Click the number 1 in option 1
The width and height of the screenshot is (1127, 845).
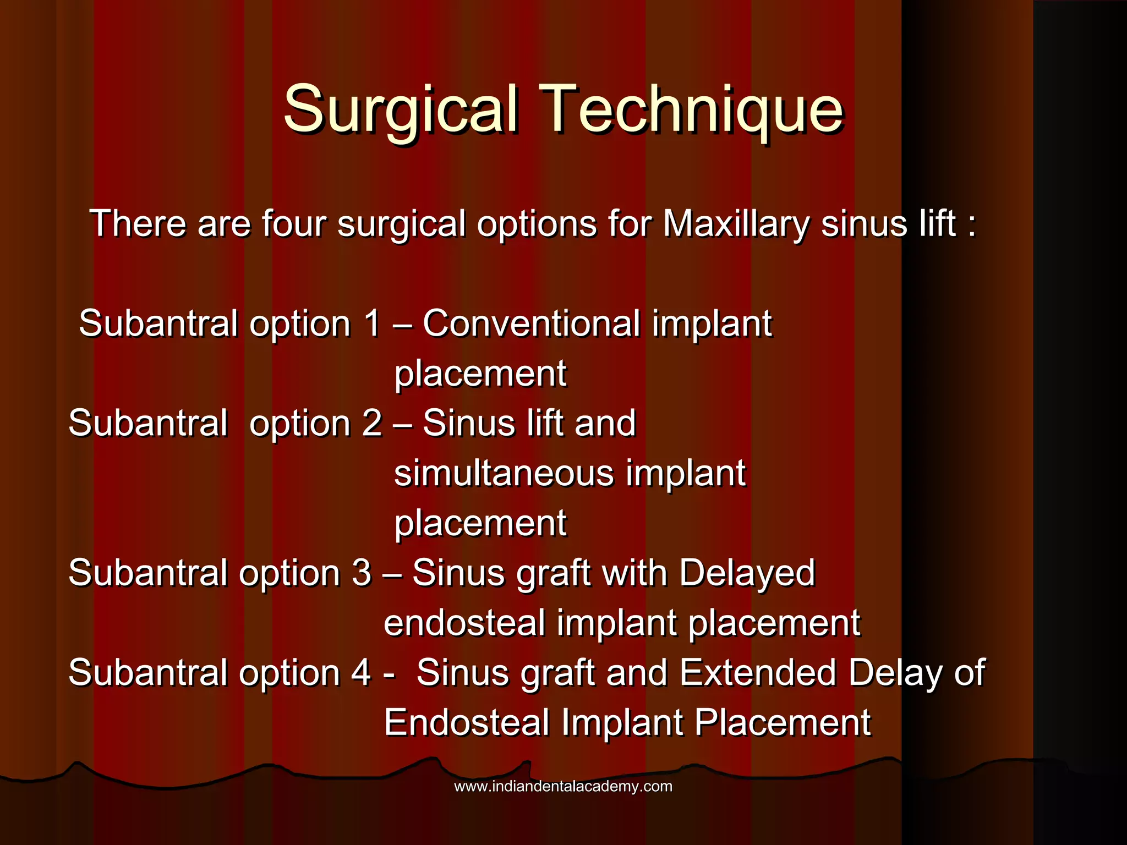click(x=373, y=323)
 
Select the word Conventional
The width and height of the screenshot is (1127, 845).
click(x=531, y=323)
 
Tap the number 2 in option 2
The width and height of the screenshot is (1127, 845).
click(x=372, y=424)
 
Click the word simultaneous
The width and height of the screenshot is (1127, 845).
click(x=504, y=474)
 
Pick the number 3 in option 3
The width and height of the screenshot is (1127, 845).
click(x=362, y=573)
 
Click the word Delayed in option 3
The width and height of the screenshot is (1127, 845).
click(x=746, y=573)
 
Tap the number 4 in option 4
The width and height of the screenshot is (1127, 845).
click(x=361, y=673)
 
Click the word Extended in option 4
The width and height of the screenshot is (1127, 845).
click(x=758, y=673)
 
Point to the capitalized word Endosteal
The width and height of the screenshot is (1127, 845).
click(x=467, y=723)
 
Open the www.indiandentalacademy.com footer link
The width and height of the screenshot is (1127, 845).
click(x=563, y=786)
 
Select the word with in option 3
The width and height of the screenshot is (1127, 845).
click(x=634, y=573)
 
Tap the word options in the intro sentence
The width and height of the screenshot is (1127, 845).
click(x=537, y=224)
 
